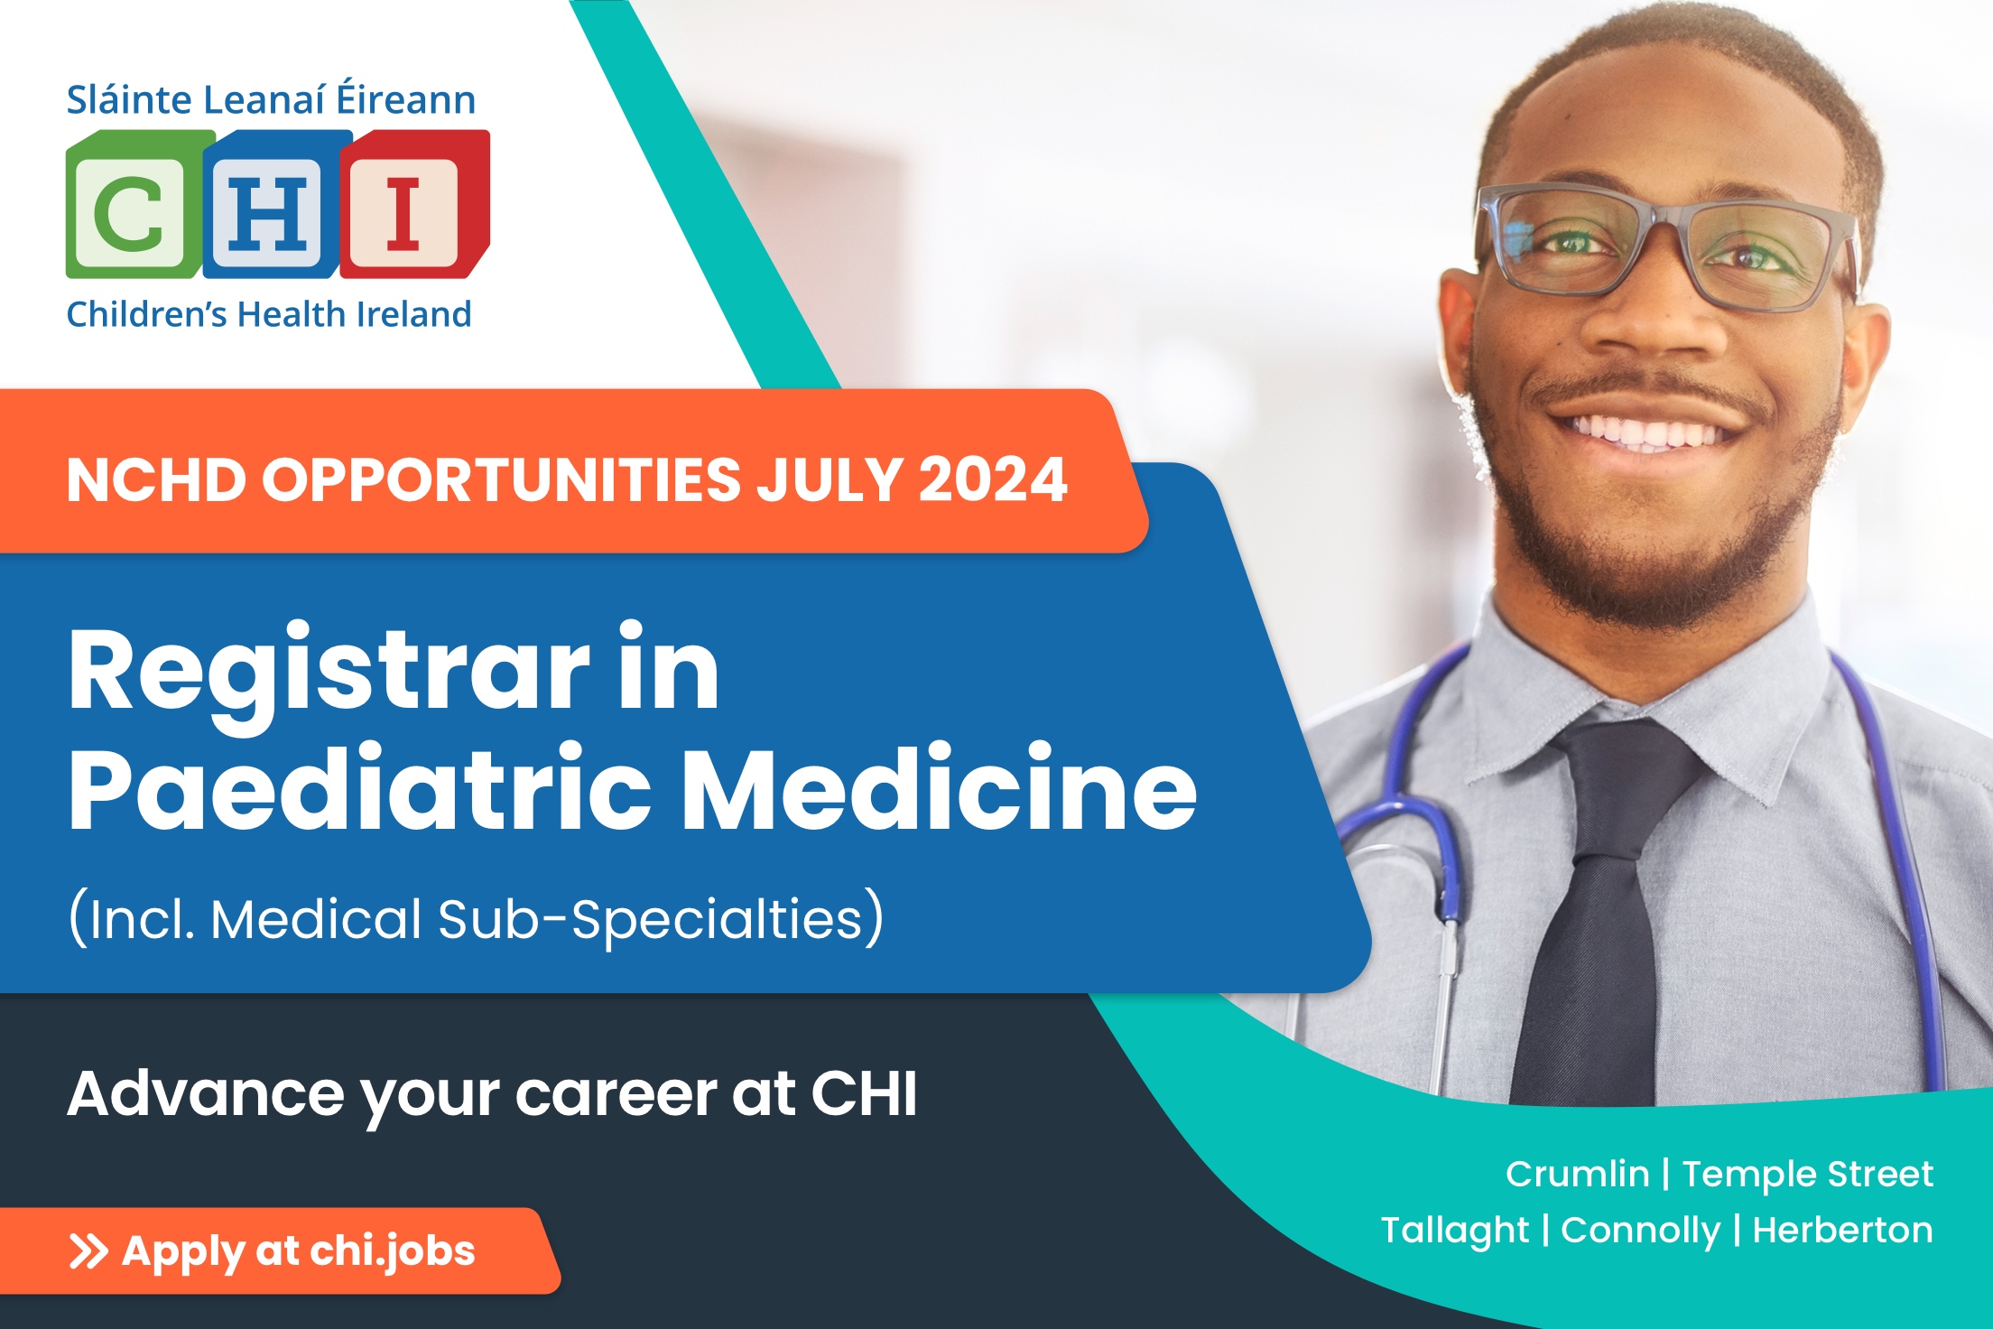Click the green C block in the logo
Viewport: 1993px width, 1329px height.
tap(134, 205)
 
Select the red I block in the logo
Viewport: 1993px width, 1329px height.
tap(413, 205)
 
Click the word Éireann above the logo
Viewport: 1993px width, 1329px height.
tap(406, 98)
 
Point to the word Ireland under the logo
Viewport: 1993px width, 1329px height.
tap(414, 314)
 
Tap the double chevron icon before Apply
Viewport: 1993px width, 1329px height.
tap(88, 1251)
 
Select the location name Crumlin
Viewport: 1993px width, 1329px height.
tap(1577, 1175)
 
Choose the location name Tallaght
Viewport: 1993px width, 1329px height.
tap(1455, 1231)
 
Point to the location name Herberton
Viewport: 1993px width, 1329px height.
tap(1842, 1230)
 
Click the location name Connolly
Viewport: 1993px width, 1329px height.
tap(1640, 1231)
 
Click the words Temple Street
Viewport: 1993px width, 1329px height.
tap(1807, 1175)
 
